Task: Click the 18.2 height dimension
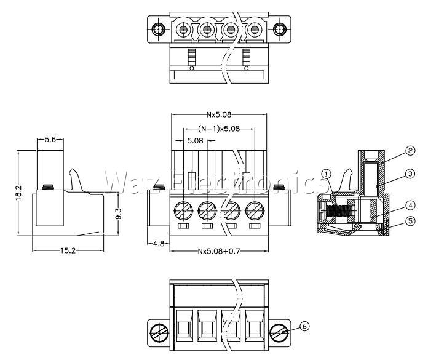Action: [18, 193]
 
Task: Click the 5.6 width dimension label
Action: [50, 140]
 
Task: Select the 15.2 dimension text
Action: [68, 250]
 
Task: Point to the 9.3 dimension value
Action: [119, 214]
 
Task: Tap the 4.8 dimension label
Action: [158, 243]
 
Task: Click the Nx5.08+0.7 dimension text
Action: [219, 250]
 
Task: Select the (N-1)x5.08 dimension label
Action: [219, 129]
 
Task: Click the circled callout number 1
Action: [327, 174]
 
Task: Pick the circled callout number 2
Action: [410, 150]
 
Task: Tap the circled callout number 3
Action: [410, 174]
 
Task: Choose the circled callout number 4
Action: [410, 206]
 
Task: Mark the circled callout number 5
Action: [410, 221]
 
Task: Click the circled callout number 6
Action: [304, 326]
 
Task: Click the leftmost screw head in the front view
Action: [183, 211]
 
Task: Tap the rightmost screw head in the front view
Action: [255, 211]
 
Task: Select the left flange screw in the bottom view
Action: [159, 333]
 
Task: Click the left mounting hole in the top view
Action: [158, 29]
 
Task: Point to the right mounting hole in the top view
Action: [280, 29]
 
